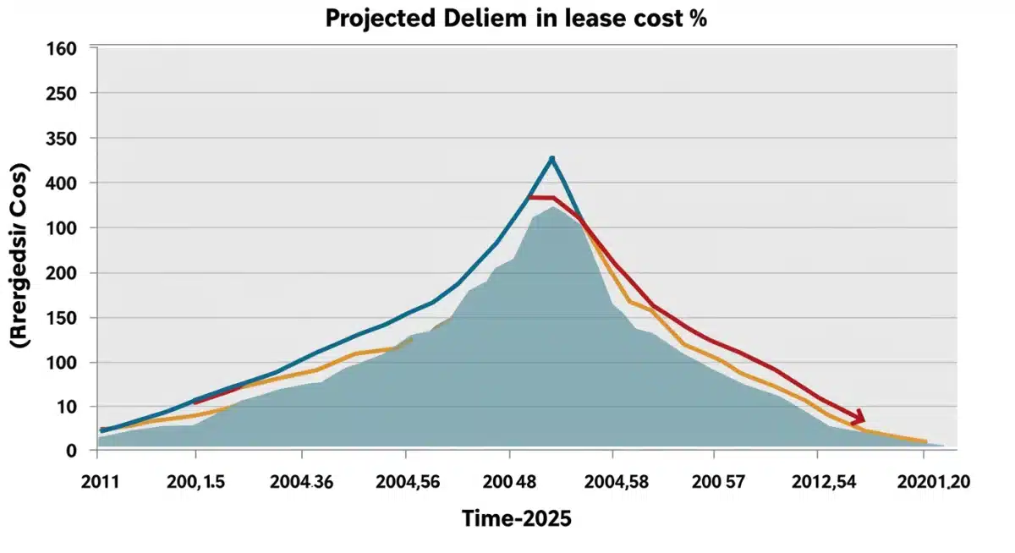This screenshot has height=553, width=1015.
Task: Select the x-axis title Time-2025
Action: pyautogui.click(x=516, y=518)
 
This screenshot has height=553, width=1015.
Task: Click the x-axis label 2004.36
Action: pyautogui.click(x=301, y=482)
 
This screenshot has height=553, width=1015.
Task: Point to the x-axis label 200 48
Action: pyautogui.click(x=510, y=482)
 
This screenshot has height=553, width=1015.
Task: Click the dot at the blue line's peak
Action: pyautogui.click(x=551, y=159)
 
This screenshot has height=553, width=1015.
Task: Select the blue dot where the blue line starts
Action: pyautogui.click(x=103, y=430)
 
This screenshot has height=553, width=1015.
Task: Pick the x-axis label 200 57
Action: pyautogui.click(x=715, y=482)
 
